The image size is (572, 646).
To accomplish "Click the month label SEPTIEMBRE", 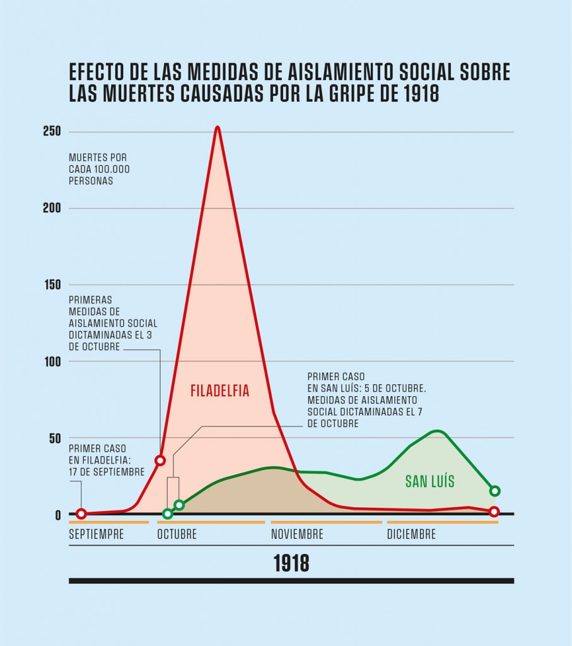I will pyautogui.click(x=96, y=534).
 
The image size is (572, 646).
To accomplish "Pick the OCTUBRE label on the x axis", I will pyautogui.click(x=177, y=534).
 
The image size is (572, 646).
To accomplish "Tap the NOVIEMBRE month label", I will pyautogui.click(x=297, y=534).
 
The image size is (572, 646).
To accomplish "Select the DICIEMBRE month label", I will pyautogui.click(x=411, y=534).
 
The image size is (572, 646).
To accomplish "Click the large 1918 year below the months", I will pyautogui.click(x=291, y=563).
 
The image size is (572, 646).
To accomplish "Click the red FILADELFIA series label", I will pyautogui.click(x=220, y=391).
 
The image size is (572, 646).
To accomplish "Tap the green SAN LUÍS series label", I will pyautogui.click(x=429, y=482).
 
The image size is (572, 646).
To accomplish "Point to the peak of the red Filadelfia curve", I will pyautogui.click(x=217, y=127).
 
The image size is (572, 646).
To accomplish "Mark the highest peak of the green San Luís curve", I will pyautogui.click(x=438, y=432).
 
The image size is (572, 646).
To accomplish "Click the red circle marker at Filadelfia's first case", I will pyautogui.click(x=81, y=514).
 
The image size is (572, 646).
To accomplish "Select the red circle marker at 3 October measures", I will pyautogui.click(x=160, y=461).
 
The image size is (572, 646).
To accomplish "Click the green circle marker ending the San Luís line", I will pyautogui.click(x=495, y=491).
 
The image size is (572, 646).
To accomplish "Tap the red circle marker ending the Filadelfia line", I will pyautogui.click(x=494, y=512).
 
